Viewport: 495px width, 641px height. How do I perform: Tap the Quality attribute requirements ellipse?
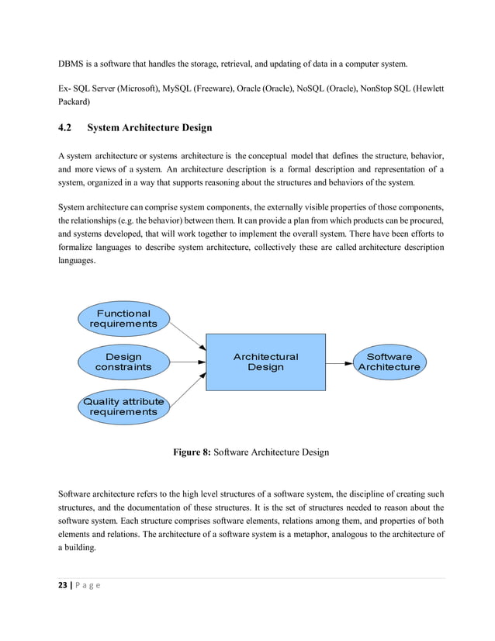(123, 406)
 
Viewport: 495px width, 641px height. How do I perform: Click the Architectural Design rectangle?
(265, 362)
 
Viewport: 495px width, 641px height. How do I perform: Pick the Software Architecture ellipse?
(389, 362)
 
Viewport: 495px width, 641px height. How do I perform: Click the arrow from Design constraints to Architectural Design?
(186, 362)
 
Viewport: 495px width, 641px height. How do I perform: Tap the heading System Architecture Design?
(150, 127)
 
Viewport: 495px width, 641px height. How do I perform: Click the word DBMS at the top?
(73, 62)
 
